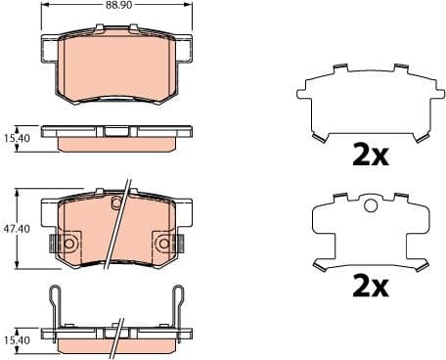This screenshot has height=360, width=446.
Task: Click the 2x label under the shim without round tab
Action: (x=371, y=155)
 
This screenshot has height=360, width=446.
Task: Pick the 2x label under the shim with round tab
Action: (x=371, y=286)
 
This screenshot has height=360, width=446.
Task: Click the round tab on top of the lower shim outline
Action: (x=370, y=205)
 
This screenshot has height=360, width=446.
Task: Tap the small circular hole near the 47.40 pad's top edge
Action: (x=116, y=203)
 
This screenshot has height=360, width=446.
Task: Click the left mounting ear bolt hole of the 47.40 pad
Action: (x=68, y=242)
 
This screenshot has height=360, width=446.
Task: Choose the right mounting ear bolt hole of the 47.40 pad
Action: (x=165, y=242)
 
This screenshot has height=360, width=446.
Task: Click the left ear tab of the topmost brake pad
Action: (x=50, y=46)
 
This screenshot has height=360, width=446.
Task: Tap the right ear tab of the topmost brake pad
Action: (x=185, y=46)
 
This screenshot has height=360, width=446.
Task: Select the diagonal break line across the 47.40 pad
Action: (x=120, y=225)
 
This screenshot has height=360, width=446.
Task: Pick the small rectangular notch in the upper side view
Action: (x=115, y=131)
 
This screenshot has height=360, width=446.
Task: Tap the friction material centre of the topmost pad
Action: (x=117, y=64)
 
